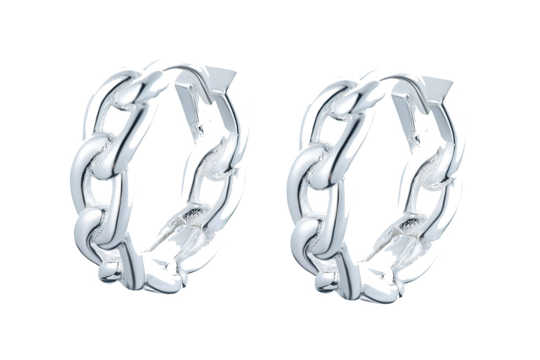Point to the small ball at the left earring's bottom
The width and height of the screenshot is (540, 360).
pos(110,274)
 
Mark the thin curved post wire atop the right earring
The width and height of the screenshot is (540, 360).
pos(394,78)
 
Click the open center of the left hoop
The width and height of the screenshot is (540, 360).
pos(157,178)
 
